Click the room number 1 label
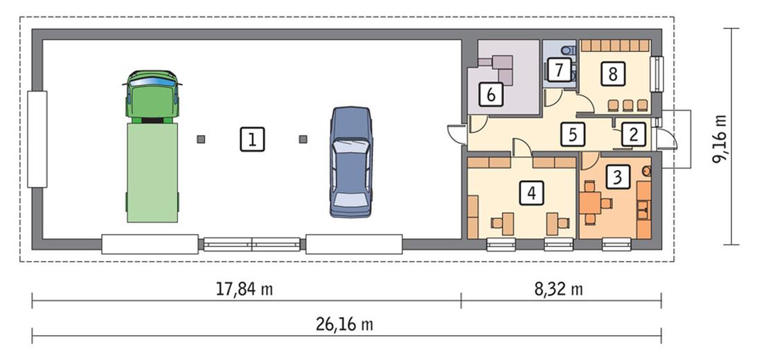(x=253, y=139)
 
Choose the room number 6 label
(x=491, y=94)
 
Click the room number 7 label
(x=558, y=69)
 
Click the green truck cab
(x=152, y=95)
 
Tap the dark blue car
(x=351, y=161)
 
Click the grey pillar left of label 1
(x=201, y=139)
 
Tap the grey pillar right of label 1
(x=303, y=139)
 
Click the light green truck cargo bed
(x=152, y=172)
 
